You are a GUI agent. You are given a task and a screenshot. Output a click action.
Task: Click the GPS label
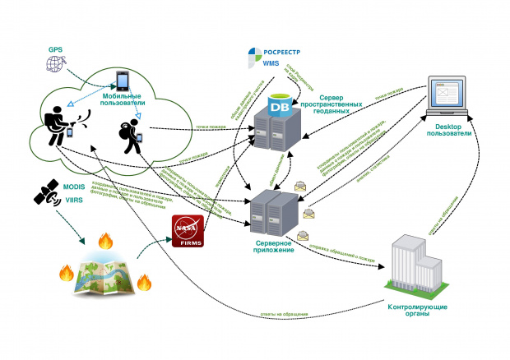[x=55, y=48]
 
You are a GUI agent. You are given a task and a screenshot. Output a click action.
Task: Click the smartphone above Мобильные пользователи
[x=123, y=81]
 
